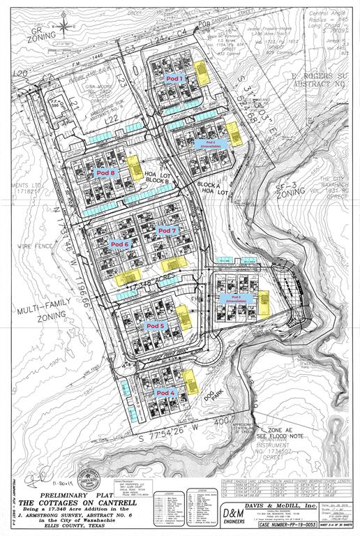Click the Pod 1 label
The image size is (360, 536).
173,80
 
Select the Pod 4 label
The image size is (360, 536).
164,392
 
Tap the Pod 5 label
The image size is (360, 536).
154,326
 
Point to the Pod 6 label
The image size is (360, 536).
120,244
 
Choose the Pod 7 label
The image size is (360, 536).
168,230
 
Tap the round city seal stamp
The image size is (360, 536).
89,477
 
